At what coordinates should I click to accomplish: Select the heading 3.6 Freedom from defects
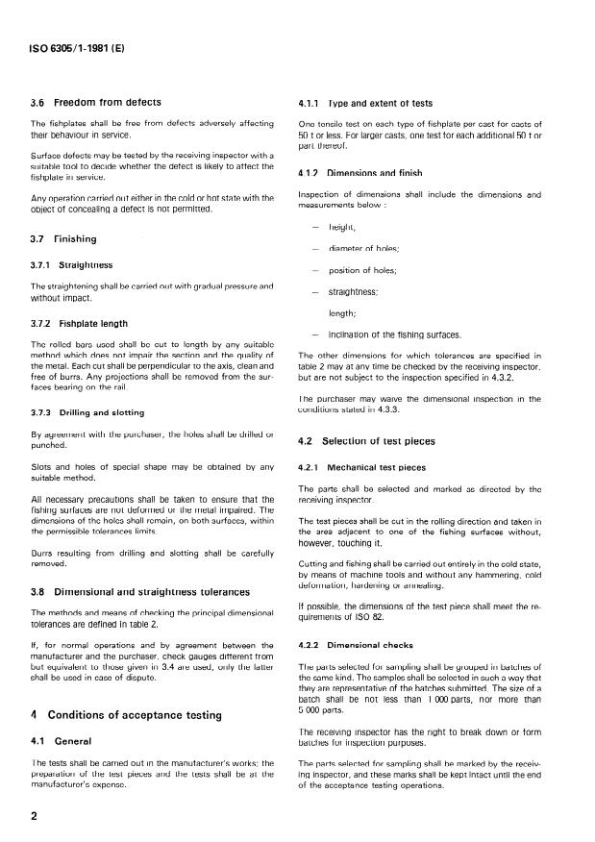(x=96, y=102)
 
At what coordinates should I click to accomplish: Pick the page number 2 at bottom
(x=34, y=815)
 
